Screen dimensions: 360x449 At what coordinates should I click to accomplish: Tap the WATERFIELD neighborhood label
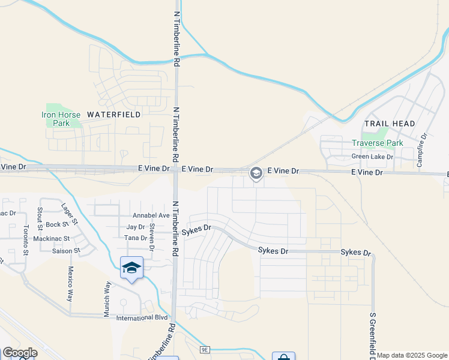[x=114, y=114]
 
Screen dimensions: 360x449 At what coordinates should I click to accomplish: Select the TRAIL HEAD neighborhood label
[x=390, y=124]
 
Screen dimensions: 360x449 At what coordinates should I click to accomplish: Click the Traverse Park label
[x=378, y=143]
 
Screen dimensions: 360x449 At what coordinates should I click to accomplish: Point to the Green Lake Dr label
[x=372, y=157]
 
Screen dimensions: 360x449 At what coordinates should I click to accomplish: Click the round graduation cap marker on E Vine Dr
[x=256, y=174]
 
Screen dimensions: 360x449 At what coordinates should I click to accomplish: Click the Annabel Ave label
[x=151, y=215]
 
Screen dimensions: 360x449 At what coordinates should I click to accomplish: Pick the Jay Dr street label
[x=136, y=227]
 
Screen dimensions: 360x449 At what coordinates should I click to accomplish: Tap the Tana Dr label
[x=136, y=238]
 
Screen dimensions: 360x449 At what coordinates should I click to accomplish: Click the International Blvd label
[x=142, y=318]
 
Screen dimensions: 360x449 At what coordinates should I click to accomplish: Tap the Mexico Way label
[x=70, y=283]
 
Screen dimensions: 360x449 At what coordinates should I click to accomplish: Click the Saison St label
[x=66, y=250]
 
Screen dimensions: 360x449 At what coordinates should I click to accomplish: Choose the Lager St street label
[x=70, y=213]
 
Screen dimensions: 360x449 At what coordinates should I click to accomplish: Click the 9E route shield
[x=205, y=349]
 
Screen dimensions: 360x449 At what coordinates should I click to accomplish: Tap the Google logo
[x=20, y=353]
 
